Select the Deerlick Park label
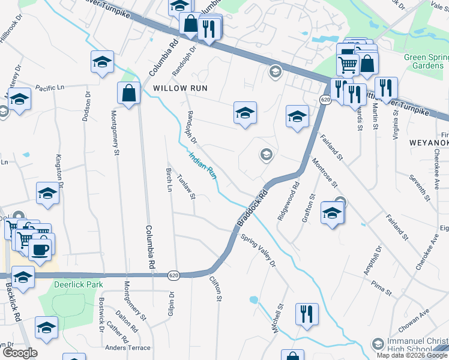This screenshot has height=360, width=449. [x=78, y=284]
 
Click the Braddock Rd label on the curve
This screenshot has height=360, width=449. [x=252, y=209]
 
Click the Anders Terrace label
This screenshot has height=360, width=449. [x=127, y=348]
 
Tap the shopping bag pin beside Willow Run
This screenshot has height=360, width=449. [x=129, y=93]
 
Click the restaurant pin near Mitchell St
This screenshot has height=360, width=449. [x=307, y=314]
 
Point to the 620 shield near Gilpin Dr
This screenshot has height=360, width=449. [x=173, y=275]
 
